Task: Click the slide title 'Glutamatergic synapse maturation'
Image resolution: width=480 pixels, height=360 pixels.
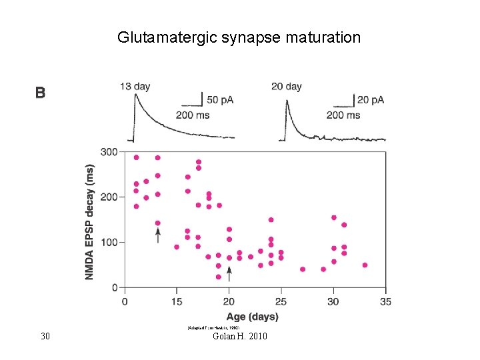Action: pyautogui.click(x=239, y=37)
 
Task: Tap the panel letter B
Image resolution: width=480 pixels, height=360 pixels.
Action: pyautogui.click(x=41, y=93)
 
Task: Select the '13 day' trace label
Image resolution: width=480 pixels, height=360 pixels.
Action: pyautogui.click(x=135, y=86)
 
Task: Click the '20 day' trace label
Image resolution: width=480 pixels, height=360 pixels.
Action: pyautogui.click(x=286, y=86)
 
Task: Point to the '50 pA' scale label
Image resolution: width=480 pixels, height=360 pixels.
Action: pyautogui.click(x=220, y=100)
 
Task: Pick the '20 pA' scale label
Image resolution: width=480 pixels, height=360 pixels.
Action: pyautogui.click(x=371, y=100)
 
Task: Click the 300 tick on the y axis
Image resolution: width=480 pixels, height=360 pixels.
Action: pyautogui.click(x=109, y=152)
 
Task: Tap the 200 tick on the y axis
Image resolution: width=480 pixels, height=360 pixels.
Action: pyautogui.click(x=109, y=197)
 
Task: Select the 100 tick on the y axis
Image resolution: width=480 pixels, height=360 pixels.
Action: pyautogui.click(x=109, y=243)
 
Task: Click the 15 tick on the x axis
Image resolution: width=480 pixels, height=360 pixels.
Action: pyautogui.click(x=177, y=301)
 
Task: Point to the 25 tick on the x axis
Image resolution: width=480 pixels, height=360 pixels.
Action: pyautogui.click(x=281, y=301)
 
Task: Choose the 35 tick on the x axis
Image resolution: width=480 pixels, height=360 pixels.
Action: pyautogui.click(x=385, y=301)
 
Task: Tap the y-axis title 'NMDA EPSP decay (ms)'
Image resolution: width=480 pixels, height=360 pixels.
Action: pyautogui.click(x=90, y=222)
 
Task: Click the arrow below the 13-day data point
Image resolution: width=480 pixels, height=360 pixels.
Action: pyautogui.click(x=158, y=235)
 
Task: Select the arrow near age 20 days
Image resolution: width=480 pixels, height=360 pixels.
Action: pyautogui.click(x=229, y=273)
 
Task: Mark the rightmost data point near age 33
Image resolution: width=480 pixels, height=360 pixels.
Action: pyautogui.click(x=365, y=265)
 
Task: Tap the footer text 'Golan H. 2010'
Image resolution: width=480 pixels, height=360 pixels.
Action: pyautogui.click(x=239, y=336)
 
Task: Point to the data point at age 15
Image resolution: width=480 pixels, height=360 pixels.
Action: pyautogui.click(x=177, y=247)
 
